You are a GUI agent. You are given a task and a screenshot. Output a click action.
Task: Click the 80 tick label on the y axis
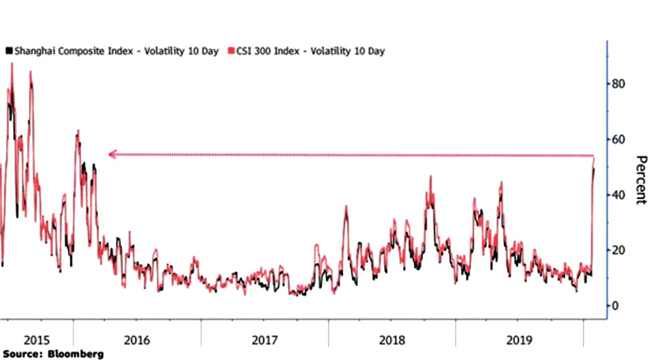pyautogui.click(x=618, y=84)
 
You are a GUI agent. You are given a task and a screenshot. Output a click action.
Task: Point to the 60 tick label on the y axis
pyautogui.click(x=618, y=140)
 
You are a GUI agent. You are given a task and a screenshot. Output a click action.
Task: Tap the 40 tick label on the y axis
pyautogui.click(x=618, y=195)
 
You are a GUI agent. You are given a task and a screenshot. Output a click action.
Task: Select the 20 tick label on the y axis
pyautogui.click(x=618, y=250)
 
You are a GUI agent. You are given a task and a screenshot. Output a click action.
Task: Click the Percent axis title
pyautogui.click(x=641, y=180)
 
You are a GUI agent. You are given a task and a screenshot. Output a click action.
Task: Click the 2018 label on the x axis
pyautogui.click(x=392, y=341)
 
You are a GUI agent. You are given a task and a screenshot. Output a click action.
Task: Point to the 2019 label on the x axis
pyautogui.click(x=519, y=341)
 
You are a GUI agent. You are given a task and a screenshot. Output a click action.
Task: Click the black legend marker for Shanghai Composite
pyautogui.click(x=9, y=51)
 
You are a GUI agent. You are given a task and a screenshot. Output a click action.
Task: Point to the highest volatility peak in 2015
pyautogui.click(x=12, y=64)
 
